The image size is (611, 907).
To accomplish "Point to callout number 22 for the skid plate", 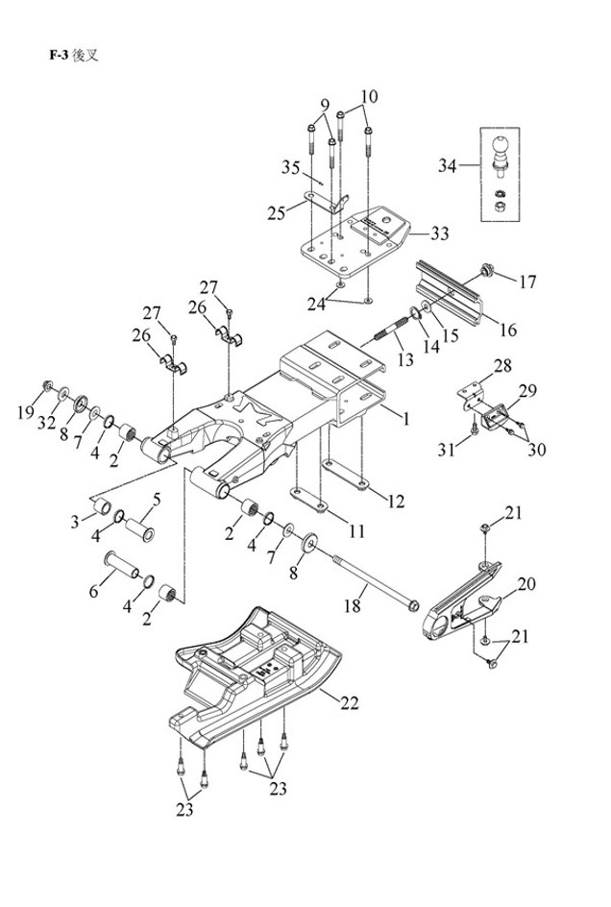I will (x=348, y=703).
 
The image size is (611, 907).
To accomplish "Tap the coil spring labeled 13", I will (x=384, y=337).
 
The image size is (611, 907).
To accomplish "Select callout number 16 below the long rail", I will (x=506, y=330).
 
